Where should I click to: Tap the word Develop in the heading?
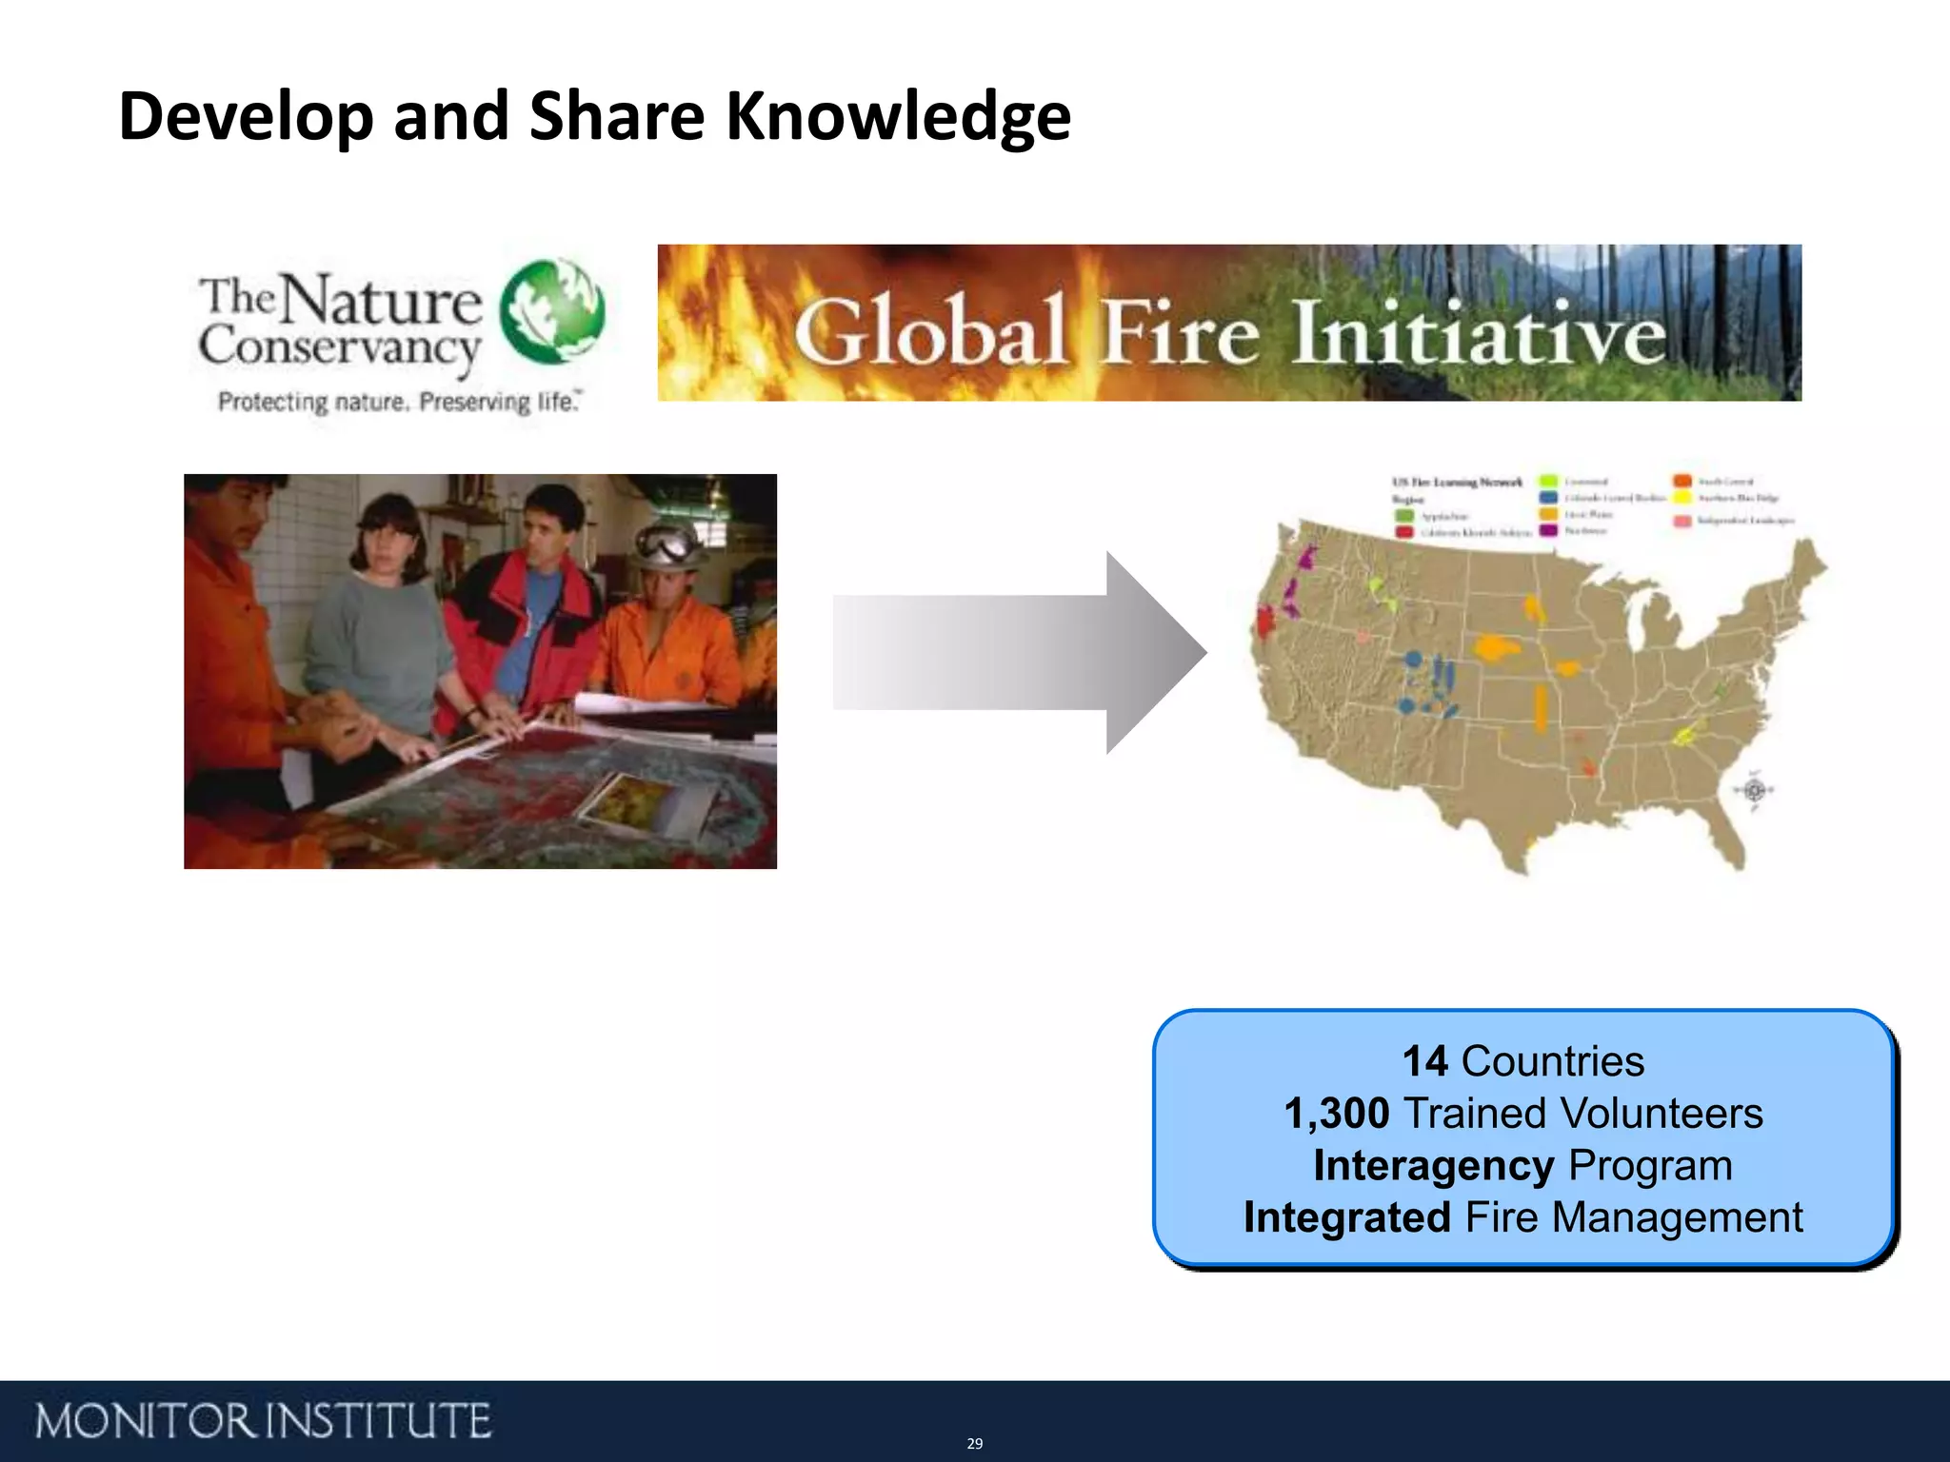(247, 117)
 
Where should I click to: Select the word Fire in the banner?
(1181, 333)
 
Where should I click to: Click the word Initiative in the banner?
(1479, 333)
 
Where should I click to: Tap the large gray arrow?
(1019, 653)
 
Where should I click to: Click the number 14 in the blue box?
(1424, 1061)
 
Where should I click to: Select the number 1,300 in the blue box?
(1336, 1114)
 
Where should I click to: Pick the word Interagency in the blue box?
(1433, 1166)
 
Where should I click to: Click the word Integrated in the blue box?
(1346, 1218)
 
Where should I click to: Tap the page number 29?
(974, 1444)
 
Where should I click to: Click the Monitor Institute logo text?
(263, 1421)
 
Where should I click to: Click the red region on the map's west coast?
(1265, 622)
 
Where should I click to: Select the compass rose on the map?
(1756, 790)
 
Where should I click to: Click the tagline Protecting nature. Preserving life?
(399, 402)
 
